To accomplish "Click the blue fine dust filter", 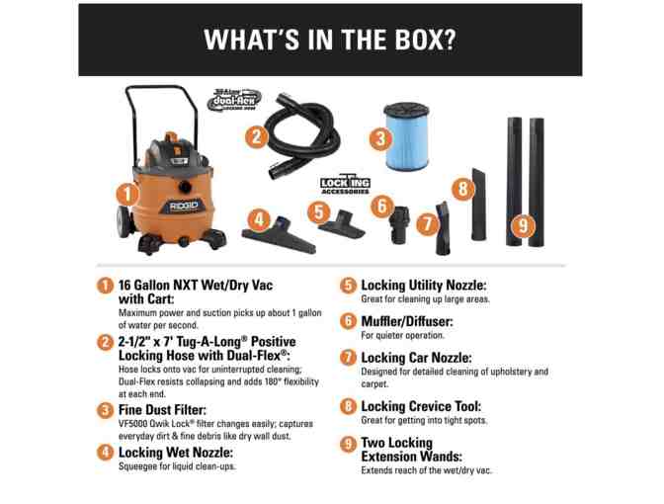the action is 406,136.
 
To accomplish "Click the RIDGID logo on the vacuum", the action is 184,207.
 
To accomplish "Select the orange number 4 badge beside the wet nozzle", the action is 259,219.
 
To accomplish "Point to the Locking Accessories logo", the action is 345,184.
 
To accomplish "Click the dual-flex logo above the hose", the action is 234,99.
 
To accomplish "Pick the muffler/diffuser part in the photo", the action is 399,224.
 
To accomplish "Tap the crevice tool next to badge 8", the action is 479,205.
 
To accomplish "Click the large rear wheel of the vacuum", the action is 124,221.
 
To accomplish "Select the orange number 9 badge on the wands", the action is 524,225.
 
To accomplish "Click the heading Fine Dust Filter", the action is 162,409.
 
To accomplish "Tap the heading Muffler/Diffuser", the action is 407,321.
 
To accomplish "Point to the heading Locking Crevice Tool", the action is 421,406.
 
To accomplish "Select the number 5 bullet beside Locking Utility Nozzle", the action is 348,285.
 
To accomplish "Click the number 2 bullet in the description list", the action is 105,342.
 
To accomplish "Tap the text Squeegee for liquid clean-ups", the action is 177,466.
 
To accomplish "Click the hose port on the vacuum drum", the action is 185,187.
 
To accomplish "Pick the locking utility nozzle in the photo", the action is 341,224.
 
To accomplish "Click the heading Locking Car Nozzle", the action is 416,358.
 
